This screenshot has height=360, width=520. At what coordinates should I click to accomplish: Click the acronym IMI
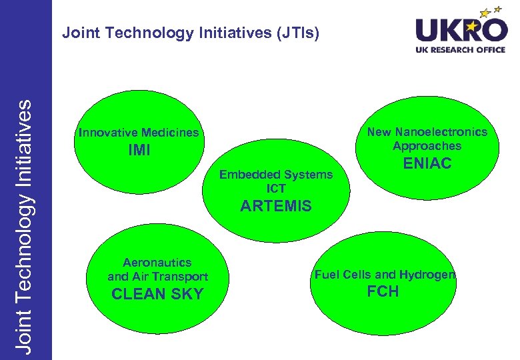(139, 151)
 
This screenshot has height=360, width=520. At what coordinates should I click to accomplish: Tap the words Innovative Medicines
(138, 133)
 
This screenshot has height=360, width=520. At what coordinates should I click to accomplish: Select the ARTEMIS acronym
(275, 206)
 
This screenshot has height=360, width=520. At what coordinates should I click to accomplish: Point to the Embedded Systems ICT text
(276, 181)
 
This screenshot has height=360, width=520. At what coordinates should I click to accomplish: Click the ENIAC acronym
(427, 163)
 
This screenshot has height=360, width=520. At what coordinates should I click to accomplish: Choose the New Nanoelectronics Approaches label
(427, 139)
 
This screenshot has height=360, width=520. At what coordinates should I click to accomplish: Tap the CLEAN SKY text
(157, 294)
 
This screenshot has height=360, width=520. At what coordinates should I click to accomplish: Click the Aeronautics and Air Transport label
(157, 269)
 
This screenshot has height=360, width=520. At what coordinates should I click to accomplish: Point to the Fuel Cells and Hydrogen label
(385, 275)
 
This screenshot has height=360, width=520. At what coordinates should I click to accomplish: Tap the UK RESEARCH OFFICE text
(461, 50)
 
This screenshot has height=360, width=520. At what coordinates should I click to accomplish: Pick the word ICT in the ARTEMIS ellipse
(276, 188)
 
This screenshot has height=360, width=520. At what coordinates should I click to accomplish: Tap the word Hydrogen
(433, 275)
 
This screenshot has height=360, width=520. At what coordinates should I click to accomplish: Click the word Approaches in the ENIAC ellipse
(427, 145)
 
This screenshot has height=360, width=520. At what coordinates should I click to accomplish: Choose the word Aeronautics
(157, 263)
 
